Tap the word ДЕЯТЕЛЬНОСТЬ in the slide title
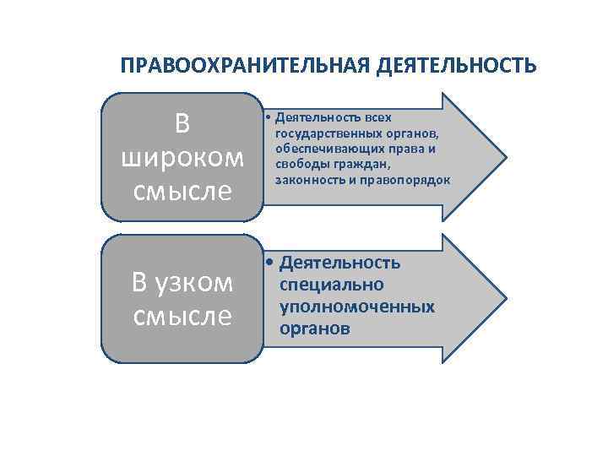[455, 66]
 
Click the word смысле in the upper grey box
[182, 191]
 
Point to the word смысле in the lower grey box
[182, 317]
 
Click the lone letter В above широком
[182, 124]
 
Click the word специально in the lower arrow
[331, 285]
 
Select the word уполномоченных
[357, 307]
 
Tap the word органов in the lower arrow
[314, 328]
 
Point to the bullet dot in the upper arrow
[265, 117]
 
